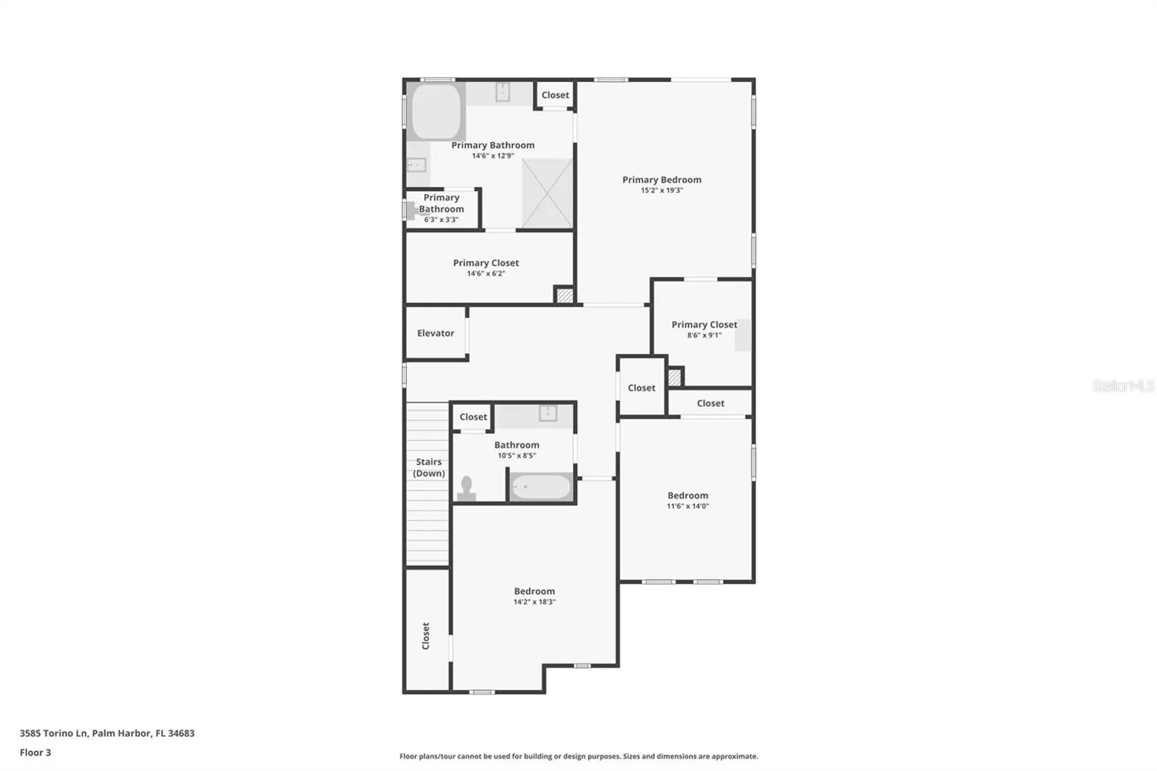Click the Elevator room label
pos(435,333)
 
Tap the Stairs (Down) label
pos(429,468)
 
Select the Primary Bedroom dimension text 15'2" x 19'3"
pos(662,190)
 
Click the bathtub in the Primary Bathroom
pos(436,111)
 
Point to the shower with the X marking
pos(547,193)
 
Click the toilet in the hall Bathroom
pos(466,488)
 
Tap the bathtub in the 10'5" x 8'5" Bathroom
pos(541,487)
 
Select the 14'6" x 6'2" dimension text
pos(486,273)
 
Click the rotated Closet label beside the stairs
pos(425,635)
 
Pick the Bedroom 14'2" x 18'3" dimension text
pos(534,602)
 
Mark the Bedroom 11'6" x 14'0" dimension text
pos(687,506)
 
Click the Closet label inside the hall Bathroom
pos(473,417)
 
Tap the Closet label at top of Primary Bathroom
pos(555,95)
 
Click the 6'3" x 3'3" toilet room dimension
pos(441,220)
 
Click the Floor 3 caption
pos(35,752)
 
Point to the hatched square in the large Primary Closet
pos(565,296)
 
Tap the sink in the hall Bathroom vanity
pos(548,413)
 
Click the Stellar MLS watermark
pos(1123,386)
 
